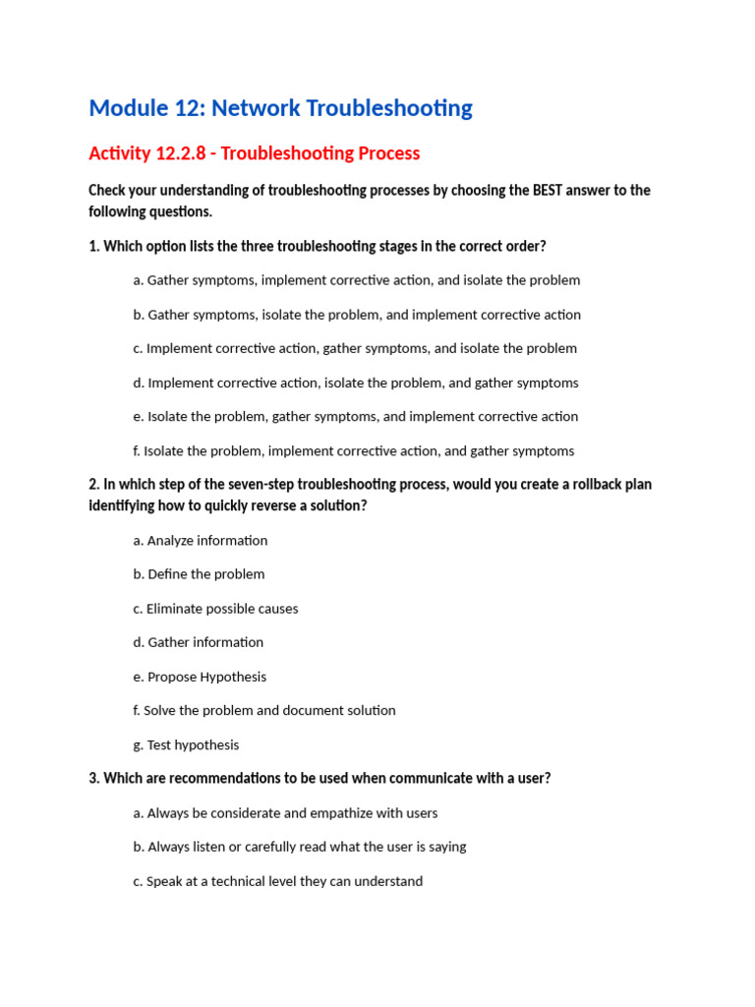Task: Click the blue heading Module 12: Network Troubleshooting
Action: (280, 108)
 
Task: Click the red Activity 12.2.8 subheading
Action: (254, 153)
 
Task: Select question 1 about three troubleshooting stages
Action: (317, 246)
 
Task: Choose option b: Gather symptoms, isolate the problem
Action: (356, 315)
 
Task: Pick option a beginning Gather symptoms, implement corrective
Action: (356, 280)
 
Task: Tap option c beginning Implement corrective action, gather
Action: (354, 348)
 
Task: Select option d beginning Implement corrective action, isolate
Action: (355, 383)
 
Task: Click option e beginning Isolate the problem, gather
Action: (355, 417)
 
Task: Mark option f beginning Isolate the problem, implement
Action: (353, 451)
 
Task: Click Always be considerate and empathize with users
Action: (285, 813)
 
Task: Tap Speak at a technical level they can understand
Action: (277, 881)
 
